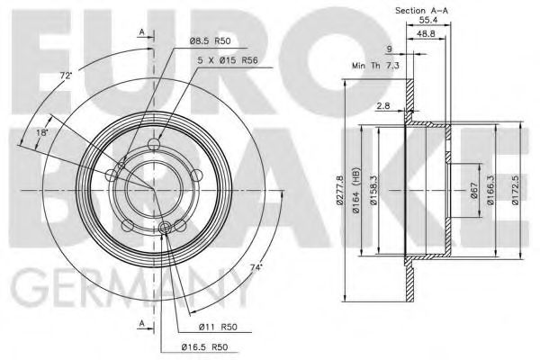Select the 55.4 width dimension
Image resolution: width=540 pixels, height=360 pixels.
click(x=428, y=21)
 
